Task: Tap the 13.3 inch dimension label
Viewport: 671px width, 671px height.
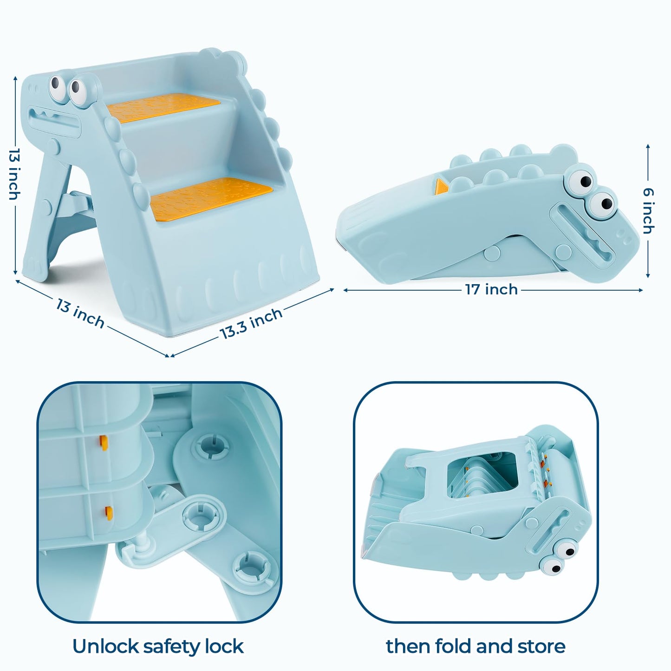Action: pos(251,323)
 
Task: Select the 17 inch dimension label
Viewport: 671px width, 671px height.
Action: pos(491,290)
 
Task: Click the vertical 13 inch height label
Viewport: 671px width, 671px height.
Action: pos(14,175)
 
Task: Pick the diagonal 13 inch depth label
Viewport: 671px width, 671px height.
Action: pos(80,313)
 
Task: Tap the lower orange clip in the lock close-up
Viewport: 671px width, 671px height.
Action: pos(109,512)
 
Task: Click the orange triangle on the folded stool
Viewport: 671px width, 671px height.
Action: pos(441,186)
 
